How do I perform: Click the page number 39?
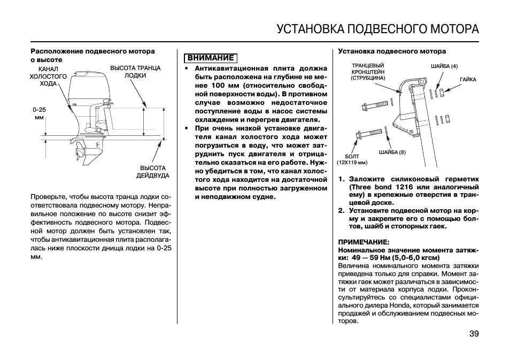click(x=474, y=334)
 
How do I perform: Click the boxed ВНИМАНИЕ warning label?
click(x=210, y=58)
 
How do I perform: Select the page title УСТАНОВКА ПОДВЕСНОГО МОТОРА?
click(x=377, y=28)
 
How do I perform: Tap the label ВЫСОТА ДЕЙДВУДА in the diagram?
click(x=152, y=171)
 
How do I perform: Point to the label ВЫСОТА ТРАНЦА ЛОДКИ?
click(x=135, y=72)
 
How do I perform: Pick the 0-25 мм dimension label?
click(x=39, y=113)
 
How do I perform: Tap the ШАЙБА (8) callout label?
click(x=392, y=152)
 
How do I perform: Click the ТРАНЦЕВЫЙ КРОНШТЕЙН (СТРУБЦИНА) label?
click(x=368, y=71)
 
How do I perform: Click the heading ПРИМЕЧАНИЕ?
click(x=364, y=241)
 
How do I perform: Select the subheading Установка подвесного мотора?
click(x=391, y=51)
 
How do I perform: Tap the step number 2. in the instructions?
click(x=341, y=210)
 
